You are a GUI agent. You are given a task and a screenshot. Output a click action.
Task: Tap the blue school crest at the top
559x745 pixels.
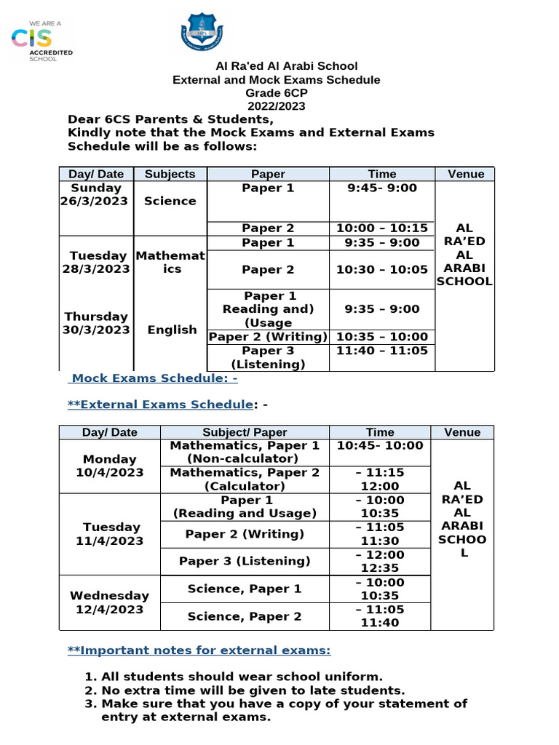pos(201,33)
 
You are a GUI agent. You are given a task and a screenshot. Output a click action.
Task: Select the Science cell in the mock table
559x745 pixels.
pos(170,201)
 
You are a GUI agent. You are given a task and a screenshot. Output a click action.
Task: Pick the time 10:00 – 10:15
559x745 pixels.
pos(381,228)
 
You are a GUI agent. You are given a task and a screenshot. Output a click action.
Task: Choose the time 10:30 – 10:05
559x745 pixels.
pos(381,269)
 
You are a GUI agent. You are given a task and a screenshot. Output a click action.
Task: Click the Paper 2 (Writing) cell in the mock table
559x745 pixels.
pos(268,337)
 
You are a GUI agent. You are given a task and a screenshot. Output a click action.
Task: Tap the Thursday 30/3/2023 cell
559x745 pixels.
pos(96,323)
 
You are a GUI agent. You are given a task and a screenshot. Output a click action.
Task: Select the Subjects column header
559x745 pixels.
pos(170,174)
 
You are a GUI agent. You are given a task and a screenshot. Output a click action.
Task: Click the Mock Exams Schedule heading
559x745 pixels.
pos(154,379)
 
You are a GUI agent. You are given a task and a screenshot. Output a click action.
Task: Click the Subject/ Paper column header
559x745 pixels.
pos(245,432)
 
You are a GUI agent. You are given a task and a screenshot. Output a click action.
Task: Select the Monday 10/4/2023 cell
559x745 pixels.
pos(109,466)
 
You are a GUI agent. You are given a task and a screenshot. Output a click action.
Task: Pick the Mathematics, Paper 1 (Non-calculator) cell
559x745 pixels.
pos(245,452)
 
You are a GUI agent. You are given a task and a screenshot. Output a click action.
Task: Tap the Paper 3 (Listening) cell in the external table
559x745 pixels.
pos(245,561)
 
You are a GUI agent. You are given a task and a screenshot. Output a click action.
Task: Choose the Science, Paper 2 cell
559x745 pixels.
pos(245,616)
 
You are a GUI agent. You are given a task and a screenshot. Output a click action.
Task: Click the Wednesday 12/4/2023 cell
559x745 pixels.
pos(109,602)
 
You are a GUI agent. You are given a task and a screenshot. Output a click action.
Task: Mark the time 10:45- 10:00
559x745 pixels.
pos(380,446)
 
